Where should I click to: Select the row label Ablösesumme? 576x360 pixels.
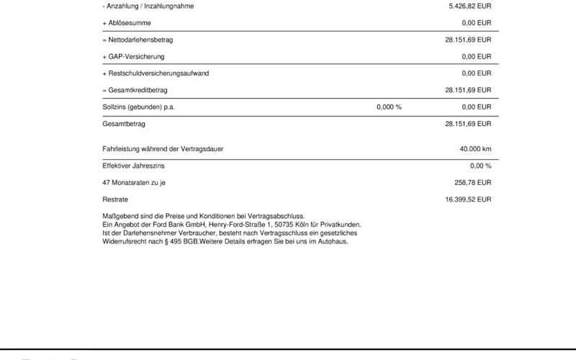127,23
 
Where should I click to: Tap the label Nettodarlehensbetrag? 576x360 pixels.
140,40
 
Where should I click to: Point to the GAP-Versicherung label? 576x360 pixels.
135,56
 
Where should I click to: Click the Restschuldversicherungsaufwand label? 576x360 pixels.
152,73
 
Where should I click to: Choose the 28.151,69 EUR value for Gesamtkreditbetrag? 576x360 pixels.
468,90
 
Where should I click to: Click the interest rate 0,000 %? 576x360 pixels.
389,107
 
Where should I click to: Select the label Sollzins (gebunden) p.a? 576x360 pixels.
139,107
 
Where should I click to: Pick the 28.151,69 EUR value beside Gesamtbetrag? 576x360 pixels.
468,124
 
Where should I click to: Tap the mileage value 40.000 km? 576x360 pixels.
475,149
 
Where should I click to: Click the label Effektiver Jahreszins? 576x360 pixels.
134,166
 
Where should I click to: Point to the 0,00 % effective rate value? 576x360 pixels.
480,166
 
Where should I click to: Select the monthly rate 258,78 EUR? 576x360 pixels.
472,183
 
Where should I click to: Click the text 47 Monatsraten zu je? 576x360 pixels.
135,183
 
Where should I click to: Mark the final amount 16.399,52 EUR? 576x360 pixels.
468,199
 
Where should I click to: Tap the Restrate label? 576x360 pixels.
115,199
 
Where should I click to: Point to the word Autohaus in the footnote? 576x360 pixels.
333,241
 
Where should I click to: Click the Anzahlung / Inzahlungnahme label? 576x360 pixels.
149,6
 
